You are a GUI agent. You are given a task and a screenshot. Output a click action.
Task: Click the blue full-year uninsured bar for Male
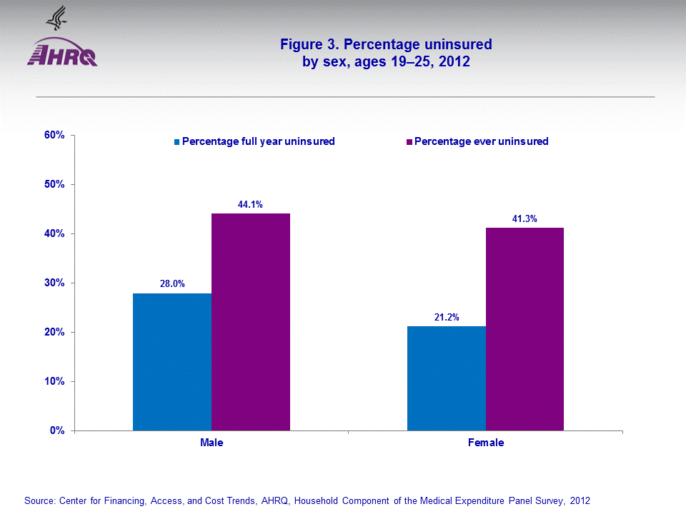(172, 362)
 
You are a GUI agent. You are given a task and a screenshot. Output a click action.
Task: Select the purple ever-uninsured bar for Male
(251, 322)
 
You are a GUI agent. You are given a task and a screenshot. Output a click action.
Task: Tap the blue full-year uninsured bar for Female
(447, 378)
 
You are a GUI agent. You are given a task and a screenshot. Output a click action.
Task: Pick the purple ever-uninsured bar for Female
(525, 329)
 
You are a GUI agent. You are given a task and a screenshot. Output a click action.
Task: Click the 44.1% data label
(250, 204)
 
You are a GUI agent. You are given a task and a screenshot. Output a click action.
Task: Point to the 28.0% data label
(172, 284)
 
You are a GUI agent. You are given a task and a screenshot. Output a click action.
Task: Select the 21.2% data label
(447, 318)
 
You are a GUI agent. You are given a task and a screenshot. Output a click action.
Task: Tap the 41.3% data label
(525, 218)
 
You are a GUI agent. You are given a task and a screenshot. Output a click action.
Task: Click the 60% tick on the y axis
(56, 135)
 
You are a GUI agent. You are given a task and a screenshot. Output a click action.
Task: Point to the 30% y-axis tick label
(56, 283)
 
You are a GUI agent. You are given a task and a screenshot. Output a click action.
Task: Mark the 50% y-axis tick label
(56, 184)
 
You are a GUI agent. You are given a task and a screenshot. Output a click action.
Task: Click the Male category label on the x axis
(212, 443)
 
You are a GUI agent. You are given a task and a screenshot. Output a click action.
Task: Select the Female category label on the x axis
(486, 443)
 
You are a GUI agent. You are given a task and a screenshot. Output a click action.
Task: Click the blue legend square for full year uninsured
(177, 141)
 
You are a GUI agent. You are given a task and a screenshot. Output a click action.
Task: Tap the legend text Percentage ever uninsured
(481, 141)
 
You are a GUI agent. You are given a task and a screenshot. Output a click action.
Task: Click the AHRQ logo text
(62, 56)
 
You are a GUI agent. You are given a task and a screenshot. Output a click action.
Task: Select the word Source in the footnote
(37, 500)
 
